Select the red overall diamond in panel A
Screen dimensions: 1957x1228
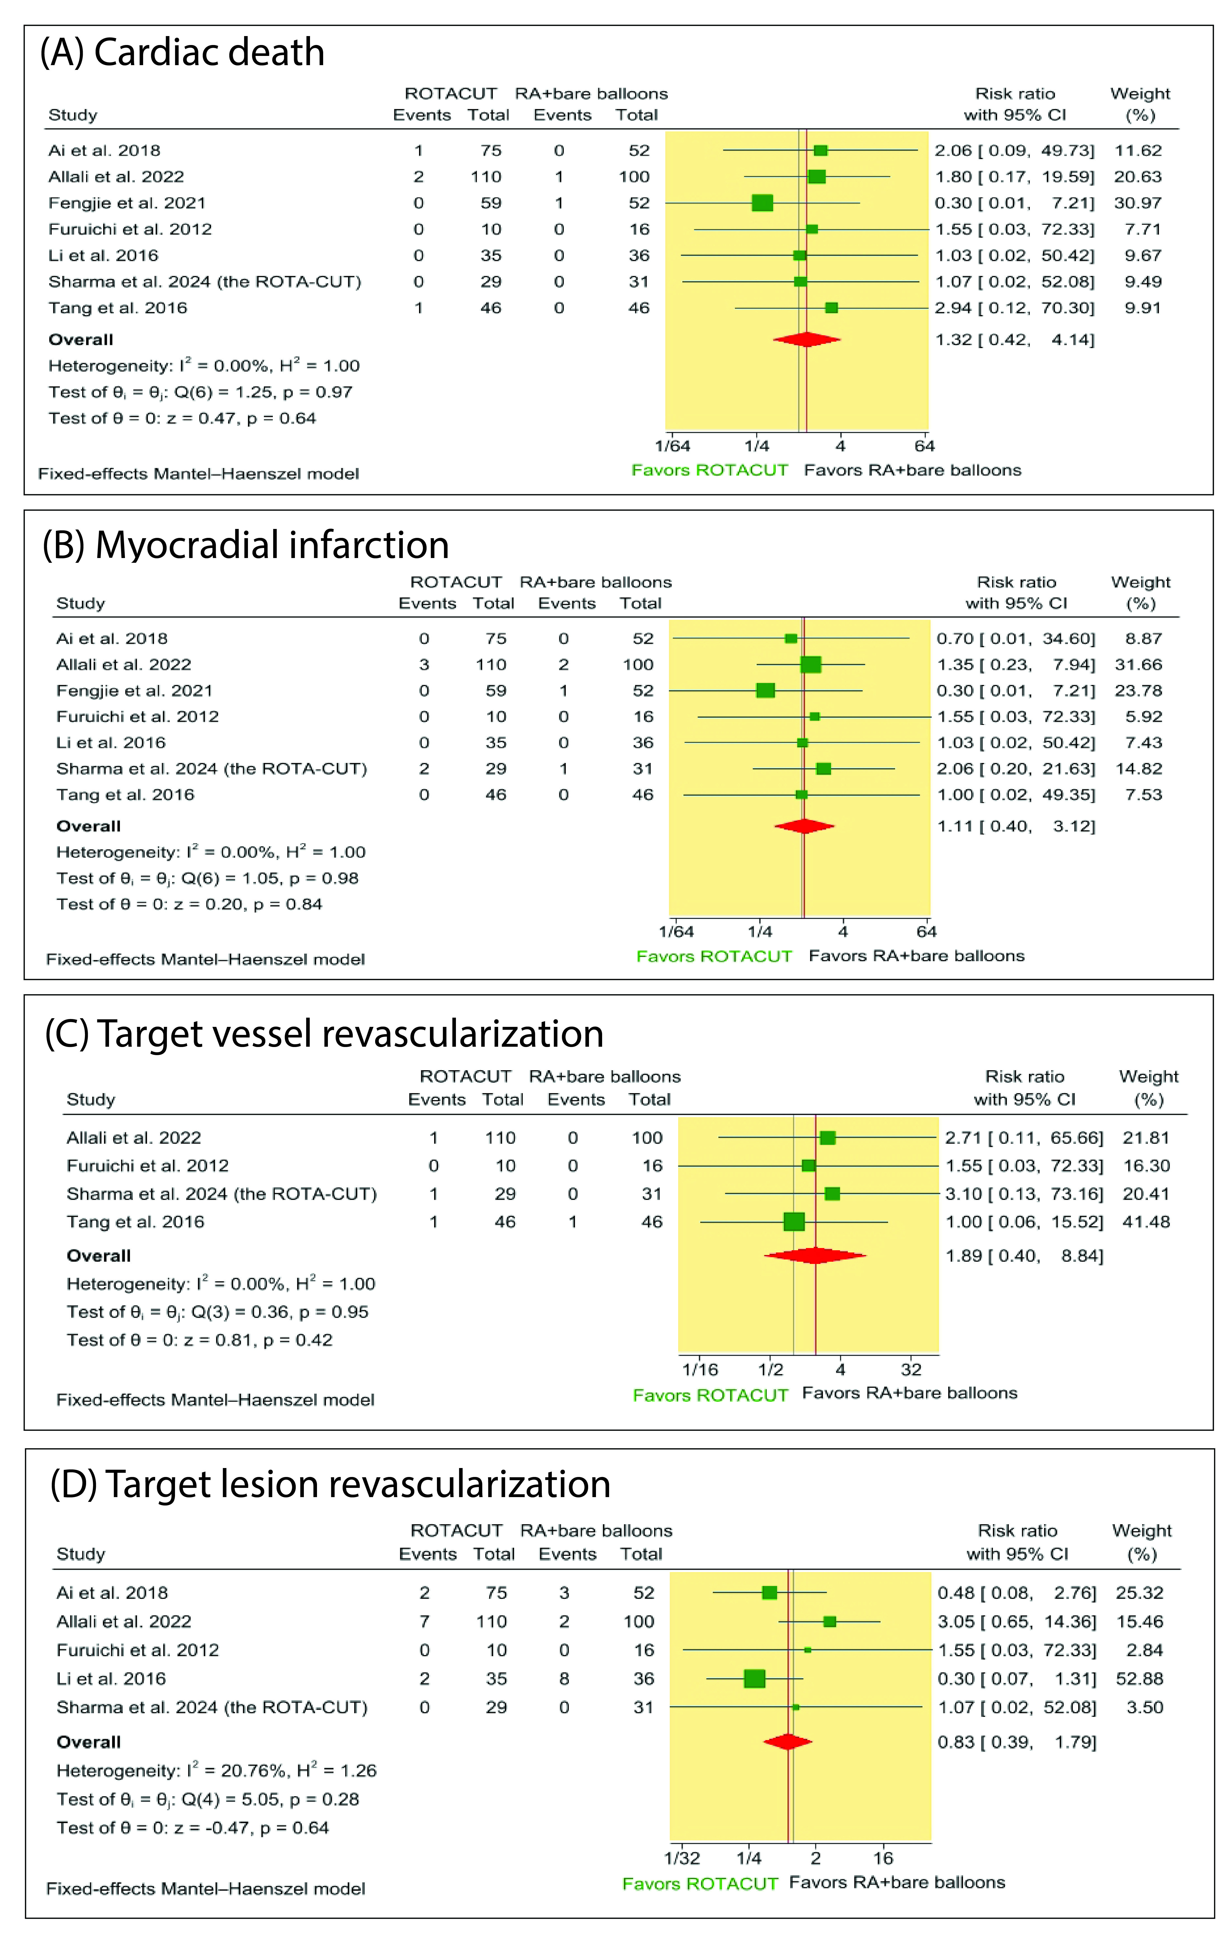point(806,339)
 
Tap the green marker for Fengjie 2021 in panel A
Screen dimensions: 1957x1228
point(762,203)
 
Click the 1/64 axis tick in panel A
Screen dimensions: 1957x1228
point(673,446)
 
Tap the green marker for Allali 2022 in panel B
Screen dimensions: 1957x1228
point(811,664)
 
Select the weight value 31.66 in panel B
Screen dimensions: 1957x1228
point(1138,664)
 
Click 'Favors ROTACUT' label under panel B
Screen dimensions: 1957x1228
point(714,957)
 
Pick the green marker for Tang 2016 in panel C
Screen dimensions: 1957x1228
point(794,1221)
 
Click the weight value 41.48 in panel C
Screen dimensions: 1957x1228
point(1146,1221)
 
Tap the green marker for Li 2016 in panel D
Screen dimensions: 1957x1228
point(754,1679)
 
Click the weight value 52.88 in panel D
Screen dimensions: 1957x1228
point(1139,1679)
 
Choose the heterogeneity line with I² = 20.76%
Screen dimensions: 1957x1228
point(216,1770)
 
